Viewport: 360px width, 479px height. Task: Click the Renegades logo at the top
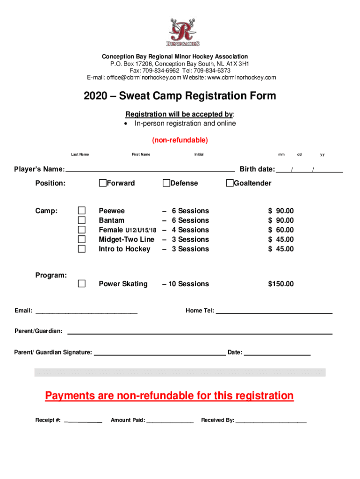tap(184, 32)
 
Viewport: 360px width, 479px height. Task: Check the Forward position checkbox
tap(102, 183)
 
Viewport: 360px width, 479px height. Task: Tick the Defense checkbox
tap(166, 183)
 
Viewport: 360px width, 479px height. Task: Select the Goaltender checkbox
tap(230, 183)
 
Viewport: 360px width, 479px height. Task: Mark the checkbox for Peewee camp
tap(82, 210)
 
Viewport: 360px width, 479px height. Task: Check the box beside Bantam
tap(82, 220)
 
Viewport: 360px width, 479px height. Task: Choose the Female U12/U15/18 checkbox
tap(82, 230)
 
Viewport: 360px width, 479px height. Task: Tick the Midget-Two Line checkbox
tap(82, 239)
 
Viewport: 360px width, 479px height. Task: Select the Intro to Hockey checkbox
tap(82, 249)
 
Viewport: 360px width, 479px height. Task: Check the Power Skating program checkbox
tap(82, 283)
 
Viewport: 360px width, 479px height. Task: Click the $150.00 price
tap(281, 284)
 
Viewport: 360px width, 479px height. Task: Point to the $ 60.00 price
tap(281, 230)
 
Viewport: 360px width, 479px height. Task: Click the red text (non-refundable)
tap(180, 140)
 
